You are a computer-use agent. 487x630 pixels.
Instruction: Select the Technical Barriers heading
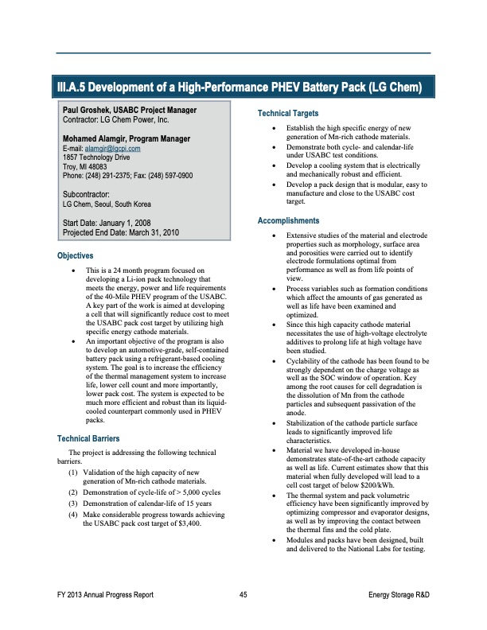click(x=88, y=439)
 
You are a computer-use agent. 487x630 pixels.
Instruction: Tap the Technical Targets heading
click(x=288, y=114)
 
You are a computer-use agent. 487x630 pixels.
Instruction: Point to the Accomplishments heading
click(x=287, y=220)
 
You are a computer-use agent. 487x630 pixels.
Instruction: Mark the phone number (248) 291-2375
click(x=114, y=175)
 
